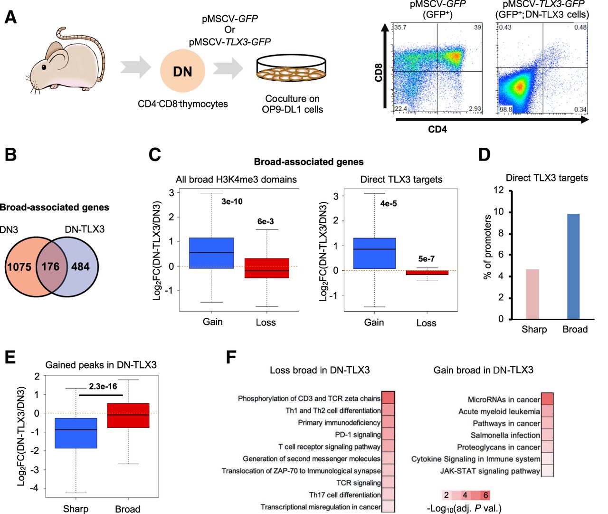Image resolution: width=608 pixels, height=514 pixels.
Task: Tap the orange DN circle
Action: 183,71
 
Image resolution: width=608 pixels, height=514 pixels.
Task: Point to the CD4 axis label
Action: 437,129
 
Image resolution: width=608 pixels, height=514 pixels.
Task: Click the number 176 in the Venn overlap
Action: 50,267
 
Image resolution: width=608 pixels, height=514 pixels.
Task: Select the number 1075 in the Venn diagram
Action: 19,267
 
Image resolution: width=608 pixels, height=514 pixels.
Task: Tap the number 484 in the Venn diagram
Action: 80,267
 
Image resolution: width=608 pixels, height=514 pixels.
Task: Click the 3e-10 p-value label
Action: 232,201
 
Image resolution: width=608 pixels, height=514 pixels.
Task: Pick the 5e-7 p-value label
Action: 426,259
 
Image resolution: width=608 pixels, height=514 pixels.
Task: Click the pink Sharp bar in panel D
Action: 532,294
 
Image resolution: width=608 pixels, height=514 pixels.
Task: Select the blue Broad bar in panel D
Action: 573,267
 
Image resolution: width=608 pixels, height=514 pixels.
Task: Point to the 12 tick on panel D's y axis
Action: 498,190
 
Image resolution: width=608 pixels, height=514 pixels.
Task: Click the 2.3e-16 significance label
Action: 103,386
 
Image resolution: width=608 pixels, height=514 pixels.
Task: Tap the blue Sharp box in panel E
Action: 76,433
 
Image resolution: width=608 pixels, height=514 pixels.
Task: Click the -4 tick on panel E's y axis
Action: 36,488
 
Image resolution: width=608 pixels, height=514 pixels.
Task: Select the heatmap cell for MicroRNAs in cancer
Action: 547,399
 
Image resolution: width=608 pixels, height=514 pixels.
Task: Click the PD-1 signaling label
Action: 358,435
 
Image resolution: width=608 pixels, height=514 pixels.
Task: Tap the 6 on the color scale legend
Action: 485,495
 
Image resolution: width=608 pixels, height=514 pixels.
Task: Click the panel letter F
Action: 231,357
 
